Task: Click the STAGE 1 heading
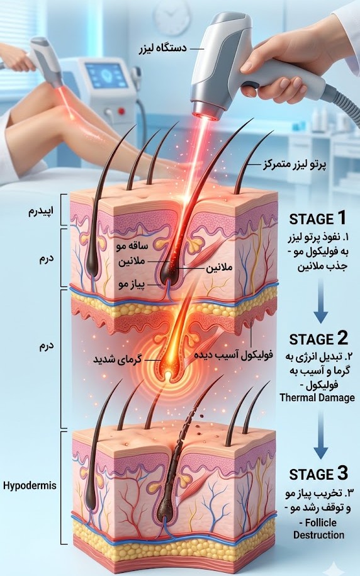coord(318,218)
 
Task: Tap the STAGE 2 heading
coord(318,338)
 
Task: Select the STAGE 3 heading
coord(318,473)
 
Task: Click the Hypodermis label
coord(30,485)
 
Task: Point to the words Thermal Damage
coord(317,397)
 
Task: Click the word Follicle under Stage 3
coord(321,522)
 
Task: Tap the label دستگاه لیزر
coord(163,48)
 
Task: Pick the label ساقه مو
coord(132,246)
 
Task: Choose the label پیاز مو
coord(132,285)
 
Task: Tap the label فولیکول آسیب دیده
coord(233,355)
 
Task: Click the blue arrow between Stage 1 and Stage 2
coord(321,301)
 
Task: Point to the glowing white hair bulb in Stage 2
coord(167,375)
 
